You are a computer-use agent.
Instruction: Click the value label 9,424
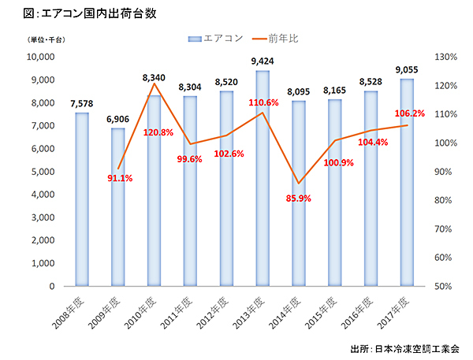pos(263,61)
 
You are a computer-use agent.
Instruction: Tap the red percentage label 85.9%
pos(299,199)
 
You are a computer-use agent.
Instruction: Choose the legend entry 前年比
pos(273,37)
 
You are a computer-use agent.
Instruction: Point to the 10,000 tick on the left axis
pos(39,58)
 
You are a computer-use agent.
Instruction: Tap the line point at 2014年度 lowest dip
pos(299,184)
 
